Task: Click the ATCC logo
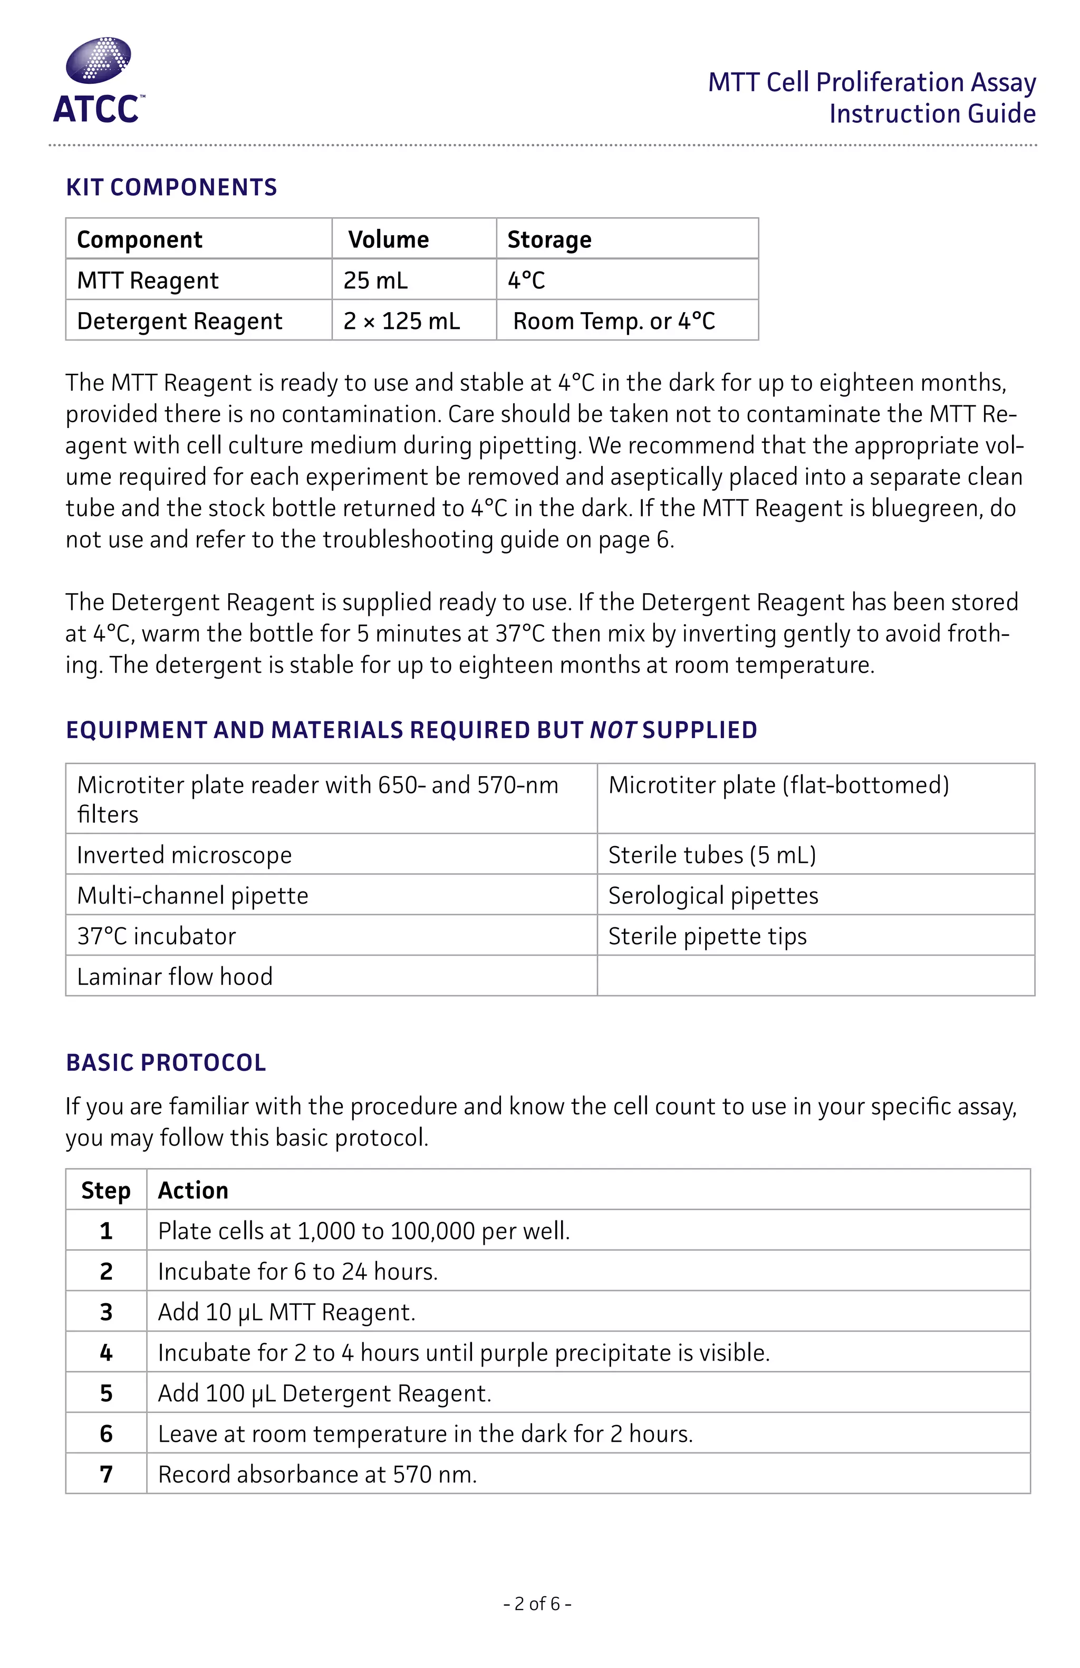click(x=98, y=80)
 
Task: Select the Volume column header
click(x=388, y=240)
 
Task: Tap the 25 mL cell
click(x=375, y=280)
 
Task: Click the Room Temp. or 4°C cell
click(x=613, y=321)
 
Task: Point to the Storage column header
click(x=549, y=240)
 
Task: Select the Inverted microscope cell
click(x=184, y=855)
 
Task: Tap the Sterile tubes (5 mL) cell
click(x=711, y=855)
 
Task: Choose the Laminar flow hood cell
click(x=175, y=976)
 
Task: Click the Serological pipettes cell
click(x=713, y=895)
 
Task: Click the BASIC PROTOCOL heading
click(x=166, y=1062)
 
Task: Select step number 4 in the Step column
click(x=106, y=1353)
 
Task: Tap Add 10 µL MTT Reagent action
click(x=287, y=1312)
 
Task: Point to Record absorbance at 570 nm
click(x=317, y=1475)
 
